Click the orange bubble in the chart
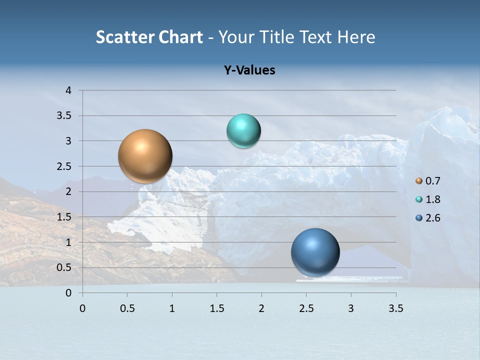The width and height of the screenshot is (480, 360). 145,156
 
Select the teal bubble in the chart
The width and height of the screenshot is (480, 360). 243,131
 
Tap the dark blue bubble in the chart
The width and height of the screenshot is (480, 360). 315,252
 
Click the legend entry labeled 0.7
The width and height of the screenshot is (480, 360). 428,181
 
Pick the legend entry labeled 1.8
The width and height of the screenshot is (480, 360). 428,199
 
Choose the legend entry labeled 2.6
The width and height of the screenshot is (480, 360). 428,218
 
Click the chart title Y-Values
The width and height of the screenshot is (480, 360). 249,70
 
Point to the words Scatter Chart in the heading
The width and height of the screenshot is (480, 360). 149,37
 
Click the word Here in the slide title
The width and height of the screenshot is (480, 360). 356,37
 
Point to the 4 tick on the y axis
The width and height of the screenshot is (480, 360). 68,90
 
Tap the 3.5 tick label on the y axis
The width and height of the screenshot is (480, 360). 65,115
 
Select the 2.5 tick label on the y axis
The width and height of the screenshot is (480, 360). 65,166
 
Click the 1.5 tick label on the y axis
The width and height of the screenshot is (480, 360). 65,217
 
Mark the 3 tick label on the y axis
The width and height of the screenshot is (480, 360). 68,141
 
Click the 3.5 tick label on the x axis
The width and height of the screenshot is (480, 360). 395,308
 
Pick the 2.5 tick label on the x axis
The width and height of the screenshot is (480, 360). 306,308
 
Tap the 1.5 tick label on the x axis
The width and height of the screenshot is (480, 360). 216,308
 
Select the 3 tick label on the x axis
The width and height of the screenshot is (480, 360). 351,308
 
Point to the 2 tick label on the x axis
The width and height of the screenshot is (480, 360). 261,308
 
